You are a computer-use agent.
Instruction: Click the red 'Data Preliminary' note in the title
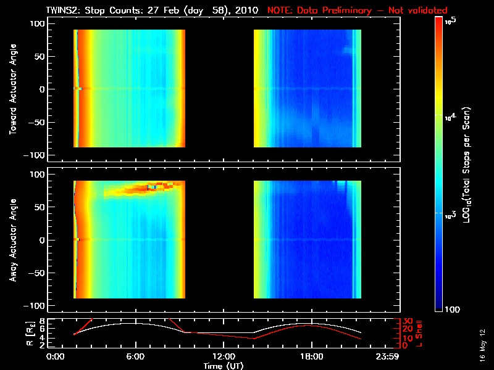[358, 10]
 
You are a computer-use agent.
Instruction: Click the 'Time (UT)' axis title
[223, 366]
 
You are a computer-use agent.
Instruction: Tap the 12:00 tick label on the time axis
[223, 356]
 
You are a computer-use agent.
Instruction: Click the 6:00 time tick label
[135, 356]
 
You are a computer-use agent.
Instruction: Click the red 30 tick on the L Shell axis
[407, 321]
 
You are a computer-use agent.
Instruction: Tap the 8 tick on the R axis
[42, 321]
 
